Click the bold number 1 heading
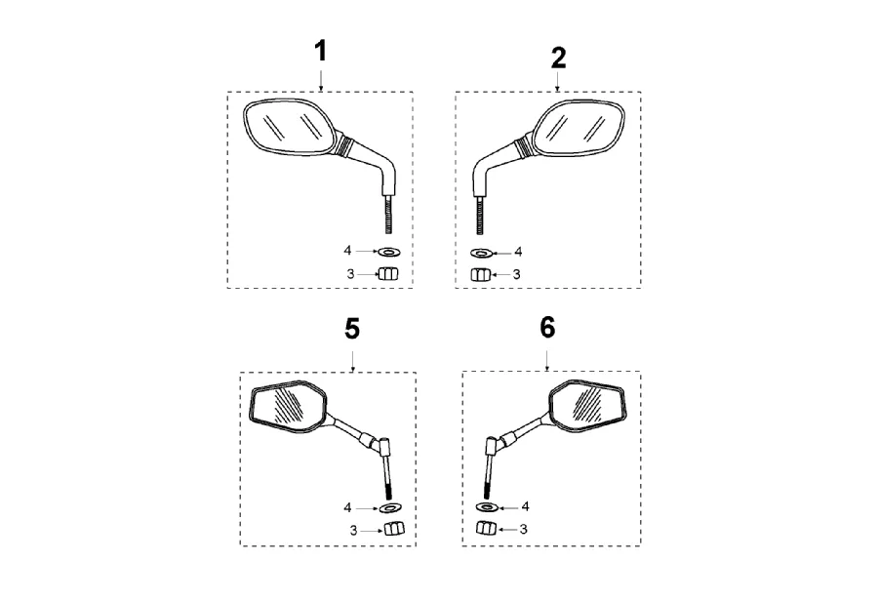pos(320,52)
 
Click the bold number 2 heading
pos(558,58)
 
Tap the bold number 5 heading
pos(352,329)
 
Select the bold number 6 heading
pos(547,328)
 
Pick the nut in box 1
pos(388,275)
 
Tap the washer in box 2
pos(479,253)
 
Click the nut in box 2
pos(479,275)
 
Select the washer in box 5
pos(392,507)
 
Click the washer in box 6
pos(486,507)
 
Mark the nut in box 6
pos(485,530)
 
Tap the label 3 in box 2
pos(518,275)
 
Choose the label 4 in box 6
pos(525,507)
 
